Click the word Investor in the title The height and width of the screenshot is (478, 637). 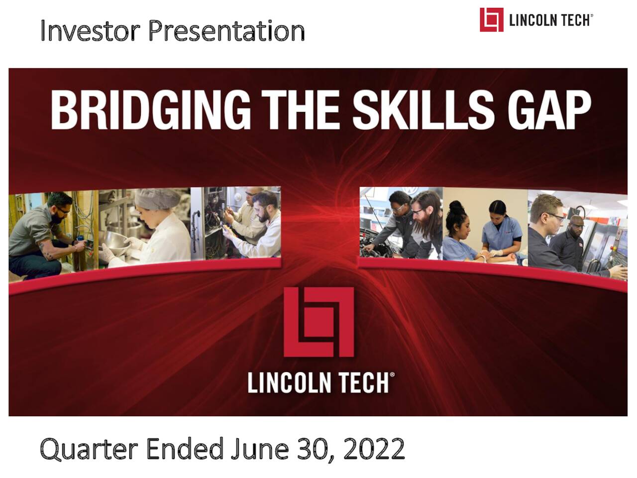pyautogui.click(x=90, y=31)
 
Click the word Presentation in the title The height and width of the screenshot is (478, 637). pyautogui.click(x=226, y=31)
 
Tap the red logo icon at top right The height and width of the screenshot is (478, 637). pyautogui.click(x=491, y=20)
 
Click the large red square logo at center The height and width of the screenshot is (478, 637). pyautogui.click(x=318, y=322)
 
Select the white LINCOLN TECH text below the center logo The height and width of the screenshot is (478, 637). pyautogui.click(x=321, y=383)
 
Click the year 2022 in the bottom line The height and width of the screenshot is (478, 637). pyautogui.click(x=374, y=449)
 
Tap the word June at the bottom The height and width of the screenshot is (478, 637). pyautogui.click(x=260, y=449)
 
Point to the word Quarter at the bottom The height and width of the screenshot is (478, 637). pyautogui.click(x=89, y=450)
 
